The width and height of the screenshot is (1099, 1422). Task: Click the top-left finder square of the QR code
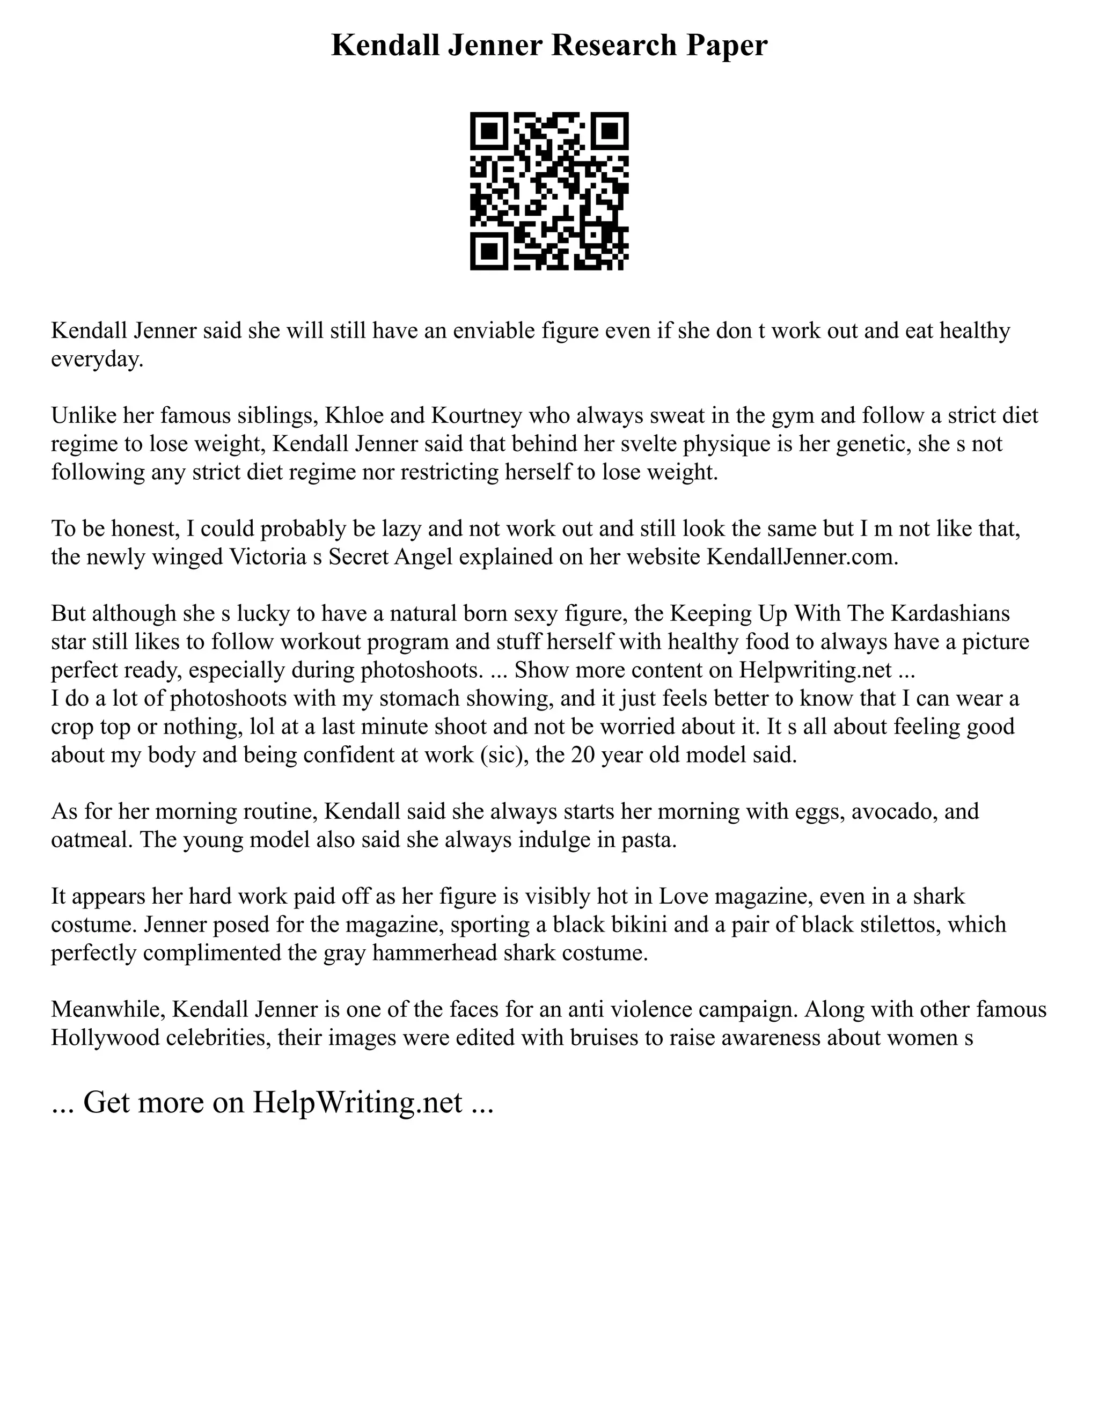[489, 131]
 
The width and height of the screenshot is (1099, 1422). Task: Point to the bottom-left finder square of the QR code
[489, 251]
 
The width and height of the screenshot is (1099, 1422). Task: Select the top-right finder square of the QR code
[610, 131]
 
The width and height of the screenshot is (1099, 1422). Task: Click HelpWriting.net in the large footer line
[357, 1102]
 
